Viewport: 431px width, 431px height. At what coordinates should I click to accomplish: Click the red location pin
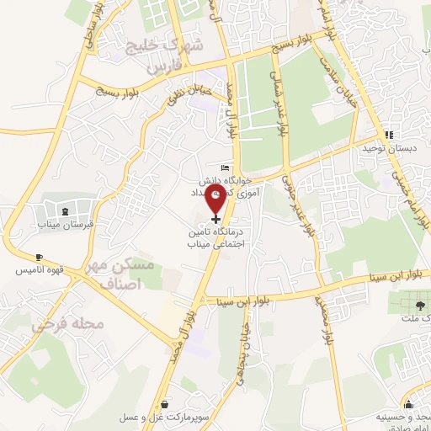coord(216,199)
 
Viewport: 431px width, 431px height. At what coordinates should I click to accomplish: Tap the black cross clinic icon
coord(216,218)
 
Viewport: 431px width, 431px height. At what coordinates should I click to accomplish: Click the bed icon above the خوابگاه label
coord(223,168)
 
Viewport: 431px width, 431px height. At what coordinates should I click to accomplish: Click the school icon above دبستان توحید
coord(388,135)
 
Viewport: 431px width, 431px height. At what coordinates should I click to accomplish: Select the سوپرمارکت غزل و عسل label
coord(163,418)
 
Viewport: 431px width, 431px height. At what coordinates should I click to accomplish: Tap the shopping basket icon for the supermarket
coord(163,403)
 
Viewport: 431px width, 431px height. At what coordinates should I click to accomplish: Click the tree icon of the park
coord(418,303)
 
